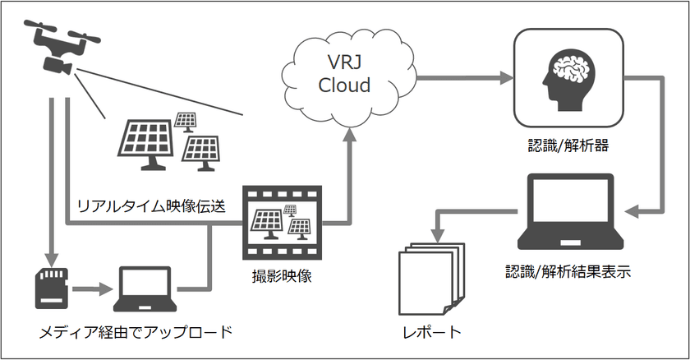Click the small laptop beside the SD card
coord(148,288)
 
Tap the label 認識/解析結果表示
coord(568,272)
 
